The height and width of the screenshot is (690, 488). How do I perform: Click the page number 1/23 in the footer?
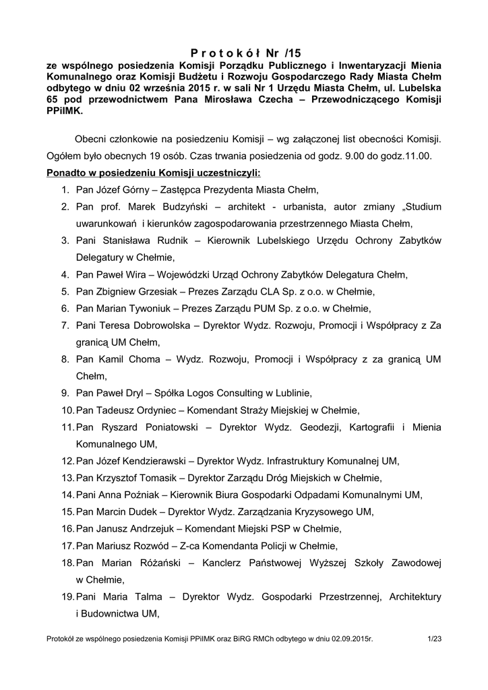434,637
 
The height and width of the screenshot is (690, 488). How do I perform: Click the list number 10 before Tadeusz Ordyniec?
67,410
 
